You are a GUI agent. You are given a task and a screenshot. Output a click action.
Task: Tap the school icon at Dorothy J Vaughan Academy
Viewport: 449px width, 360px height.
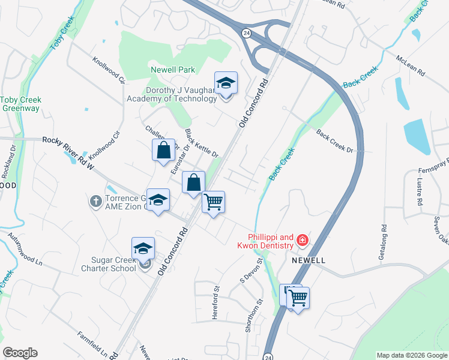[x=226, y=83]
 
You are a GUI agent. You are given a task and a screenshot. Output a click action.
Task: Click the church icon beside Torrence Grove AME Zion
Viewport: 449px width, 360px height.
[x=95, y=201]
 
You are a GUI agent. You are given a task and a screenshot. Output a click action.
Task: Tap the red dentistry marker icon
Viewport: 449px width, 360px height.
[x=302, y=241]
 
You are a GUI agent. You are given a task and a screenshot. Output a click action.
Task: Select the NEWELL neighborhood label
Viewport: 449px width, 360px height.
[x=309, y=261]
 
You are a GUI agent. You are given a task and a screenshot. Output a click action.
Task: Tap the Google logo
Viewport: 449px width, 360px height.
[x=20, y=353]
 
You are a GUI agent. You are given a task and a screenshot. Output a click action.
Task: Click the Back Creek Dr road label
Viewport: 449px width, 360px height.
[x=336, y=141]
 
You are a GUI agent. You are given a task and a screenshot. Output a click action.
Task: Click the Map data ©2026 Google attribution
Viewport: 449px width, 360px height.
[x=412, y=355]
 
